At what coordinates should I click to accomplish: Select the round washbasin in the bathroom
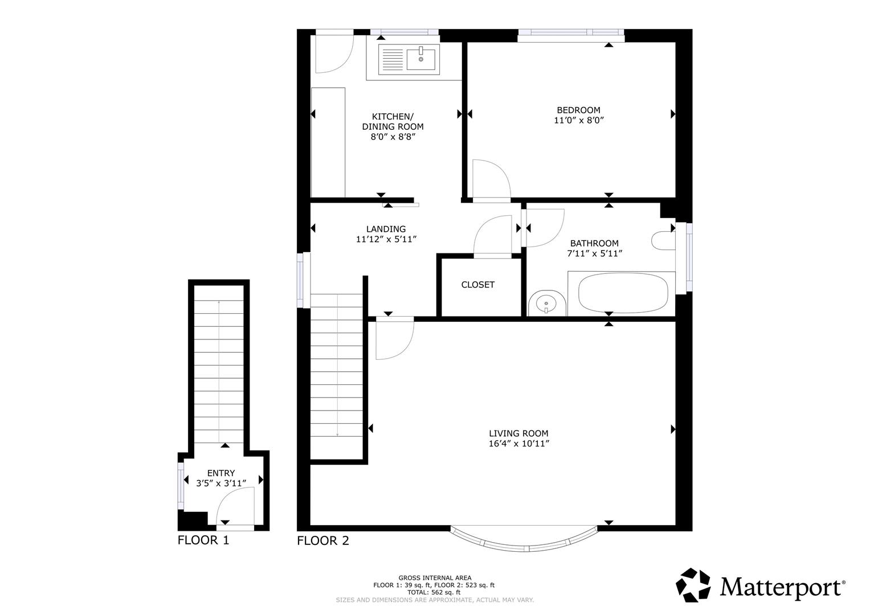point(546,304)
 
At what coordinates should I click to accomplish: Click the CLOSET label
point(477,285)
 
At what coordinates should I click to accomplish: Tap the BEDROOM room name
point(578,110)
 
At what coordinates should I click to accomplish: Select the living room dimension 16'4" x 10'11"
point(518,444)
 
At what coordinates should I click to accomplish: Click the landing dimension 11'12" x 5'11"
point(386,240)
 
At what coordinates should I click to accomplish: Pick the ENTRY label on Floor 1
point(220,473)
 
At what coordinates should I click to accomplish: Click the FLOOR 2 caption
point(323,541)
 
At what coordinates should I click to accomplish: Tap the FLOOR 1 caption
point(203,540)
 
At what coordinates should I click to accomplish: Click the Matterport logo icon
point(693,585)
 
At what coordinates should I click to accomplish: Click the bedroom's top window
point(571,35)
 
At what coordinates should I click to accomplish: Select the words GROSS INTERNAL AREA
point(435,578)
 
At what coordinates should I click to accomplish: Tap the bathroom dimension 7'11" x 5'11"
point(594,253)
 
